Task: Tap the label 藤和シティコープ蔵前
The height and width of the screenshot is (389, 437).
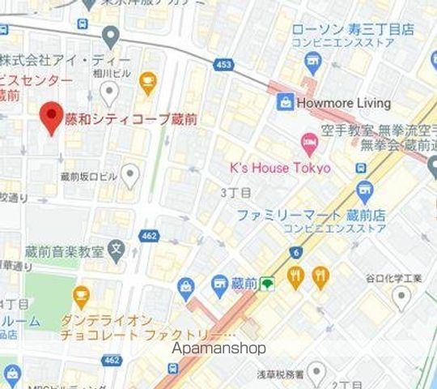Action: [130, 119]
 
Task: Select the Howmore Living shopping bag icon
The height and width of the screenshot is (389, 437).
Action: [284, 102]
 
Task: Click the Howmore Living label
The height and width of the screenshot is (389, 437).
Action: [344, 103]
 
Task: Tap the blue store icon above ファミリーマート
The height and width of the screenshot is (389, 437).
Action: [365, 192]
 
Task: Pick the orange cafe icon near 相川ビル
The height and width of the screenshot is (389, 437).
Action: [147, 79]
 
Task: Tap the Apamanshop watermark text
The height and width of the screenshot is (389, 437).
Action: [219, 348]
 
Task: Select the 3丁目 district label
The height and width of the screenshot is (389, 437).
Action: [235, 192]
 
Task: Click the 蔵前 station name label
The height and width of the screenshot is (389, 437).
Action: [244, 283]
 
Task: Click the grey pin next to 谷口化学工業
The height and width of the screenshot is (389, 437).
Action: [401, 297]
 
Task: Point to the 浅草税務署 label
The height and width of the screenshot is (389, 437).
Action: [280, 374]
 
